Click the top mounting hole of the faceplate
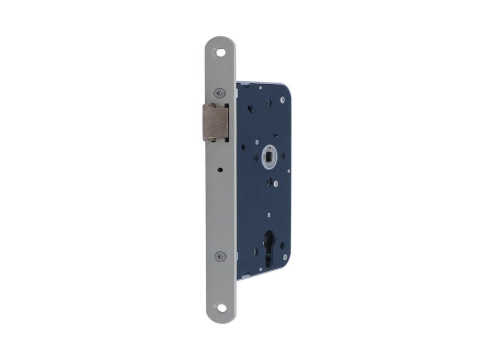221,53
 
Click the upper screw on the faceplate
221,92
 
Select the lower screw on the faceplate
221,256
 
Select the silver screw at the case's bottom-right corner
284,256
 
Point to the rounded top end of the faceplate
221,42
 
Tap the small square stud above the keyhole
268,215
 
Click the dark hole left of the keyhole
255,253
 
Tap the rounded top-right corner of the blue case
287,88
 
